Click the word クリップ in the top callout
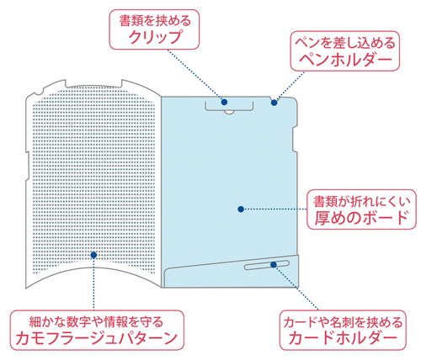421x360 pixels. (155, 37)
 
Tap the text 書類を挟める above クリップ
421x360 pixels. (155, 20)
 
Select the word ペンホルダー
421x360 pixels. (345, 59)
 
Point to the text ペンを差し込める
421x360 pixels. (345, 43)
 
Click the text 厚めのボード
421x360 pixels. (361, 217)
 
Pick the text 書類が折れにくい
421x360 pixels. (361, 201)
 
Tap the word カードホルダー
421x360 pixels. (343, 338)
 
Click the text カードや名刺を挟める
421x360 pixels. (343, 322)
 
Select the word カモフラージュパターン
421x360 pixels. (97, 338)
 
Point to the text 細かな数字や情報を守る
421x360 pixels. (96, 322)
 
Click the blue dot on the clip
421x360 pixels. (224, 102)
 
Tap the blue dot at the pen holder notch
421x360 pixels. (274, 103)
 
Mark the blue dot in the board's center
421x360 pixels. (241, 209)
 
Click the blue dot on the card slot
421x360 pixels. (274, 264)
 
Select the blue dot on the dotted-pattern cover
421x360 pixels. (93, 255)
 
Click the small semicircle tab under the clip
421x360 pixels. (229, 112)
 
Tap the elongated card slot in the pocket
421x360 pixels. (267, 265)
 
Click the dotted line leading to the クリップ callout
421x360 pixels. (195, 75)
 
